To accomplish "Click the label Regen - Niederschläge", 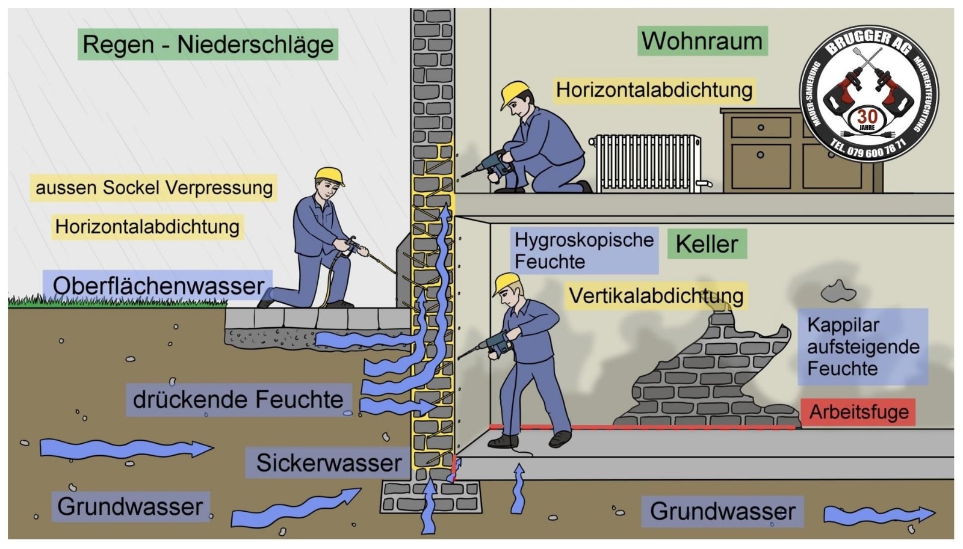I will tap(208, 44).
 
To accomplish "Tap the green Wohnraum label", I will tap(702, 41).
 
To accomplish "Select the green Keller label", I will tap(707, 244).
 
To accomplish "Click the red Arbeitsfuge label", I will tap(858, 412).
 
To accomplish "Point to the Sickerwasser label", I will tap(329, 462).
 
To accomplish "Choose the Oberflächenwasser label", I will tap(158, 286).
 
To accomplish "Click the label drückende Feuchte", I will tap(238, 400).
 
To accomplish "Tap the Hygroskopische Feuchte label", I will tap(583, 250).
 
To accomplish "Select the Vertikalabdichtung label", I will tap(655, 296).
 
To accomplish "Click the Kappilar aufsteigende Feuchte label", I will tap(862, 346).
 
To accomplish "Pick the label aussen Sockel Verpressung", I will tap(154, 188).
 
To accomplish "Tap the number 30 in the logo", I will tap(867, 116).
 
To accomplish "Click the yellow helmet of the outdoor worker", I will tap(329, 175).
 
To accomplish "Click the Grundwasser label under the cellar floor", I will tap(722, 512).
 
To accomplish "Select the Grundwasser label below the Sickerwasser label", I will tap(130, 506).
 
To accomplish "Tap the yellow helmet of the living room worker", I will tap(516, 91).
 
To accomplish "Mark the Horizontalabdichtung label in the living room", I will tap(654, 90).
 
